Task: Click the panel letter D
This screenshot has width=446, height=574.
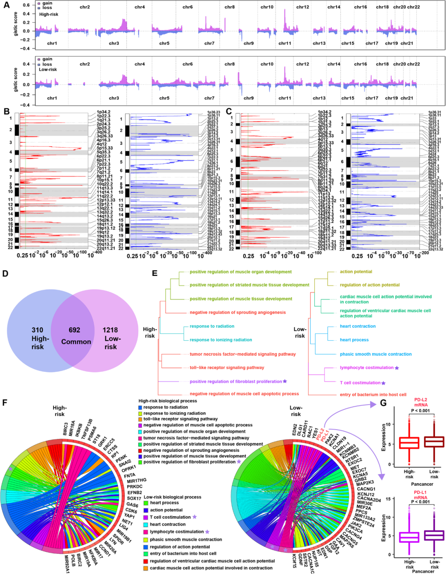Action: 5,273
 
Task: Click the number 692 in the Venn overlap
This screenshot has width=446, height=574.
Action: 74,330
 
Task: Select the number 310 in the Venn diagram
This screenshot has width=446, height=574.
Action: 37,330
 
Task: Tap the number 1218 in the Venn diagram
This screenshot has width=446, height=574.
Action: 110,330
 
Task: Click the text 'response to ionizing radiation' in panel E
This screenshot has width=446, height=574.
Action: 221,340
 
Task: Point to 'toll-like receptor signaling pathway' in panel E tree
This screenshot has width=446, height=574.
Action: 227,367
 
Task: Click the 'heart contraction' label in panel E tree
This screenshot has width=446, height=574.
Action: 358,326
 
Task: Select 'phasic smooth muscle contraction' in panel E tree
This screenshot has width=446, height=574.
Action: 375,354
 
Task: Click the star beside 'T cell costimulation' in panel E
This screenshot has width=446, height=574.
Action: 384,383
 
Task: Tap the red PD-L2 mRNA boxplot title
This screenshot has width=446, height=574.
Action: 420,402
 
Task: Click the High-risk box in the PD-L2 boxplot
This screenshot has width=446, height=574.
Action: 409,443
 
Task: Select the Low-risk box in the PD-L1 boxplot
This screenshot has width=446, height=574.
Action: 434,535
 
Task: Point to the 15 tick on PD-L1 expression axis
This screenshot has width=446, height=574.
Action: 388,499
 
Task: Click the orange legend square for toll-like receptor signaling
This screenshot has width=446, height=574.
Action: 140,419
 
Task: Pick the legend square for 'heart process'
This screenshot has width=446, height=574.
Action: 146,503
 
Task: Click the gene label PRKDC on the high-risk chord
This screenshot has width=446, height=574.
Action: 135,487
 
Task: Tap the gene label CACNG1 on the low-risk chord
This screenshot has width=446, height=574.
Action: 366,489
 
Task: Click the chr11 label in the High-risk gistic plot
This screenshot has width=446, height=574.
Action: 285,43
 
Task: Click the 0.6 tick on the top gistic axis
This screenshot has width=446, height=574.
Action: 26,5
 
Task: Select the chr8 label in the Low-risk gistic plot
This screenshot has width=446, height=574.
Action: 230,64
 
